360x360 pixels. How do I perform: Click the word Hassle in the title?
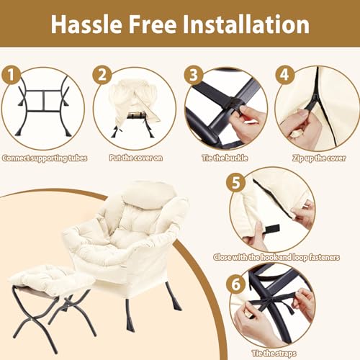[x=86, y=24]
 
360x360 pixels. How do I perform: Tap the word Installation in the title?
[x=246, y=24]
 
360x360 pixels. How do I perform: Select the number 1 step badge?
[x=11, y=75]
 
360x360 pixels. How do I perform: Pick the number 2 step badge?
[x=102, y=75]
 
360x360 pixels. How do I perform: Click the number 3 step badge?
[x=194, y=75]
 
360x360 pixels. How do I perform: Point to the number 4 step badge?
[x=284, y=75]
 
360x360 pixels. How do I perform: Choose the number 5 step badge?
[x=236, y=182]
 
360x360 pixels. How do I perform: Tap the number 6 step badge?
[x=236, y=284]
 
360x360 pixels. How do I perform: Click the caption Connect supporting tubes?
[x=45, y=158]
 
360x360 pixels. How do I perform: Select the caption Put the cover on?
[x=136, y=158]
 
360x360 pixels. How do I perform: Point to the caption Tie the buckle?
[x=225, y=158]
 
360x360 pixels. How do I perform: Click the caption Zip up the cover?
[x=319, y=158]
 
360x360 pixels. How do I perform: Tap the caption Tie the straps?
[x=274, y=354]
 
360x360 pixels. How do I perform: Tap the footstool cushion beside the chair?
[x=48, y=279]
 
